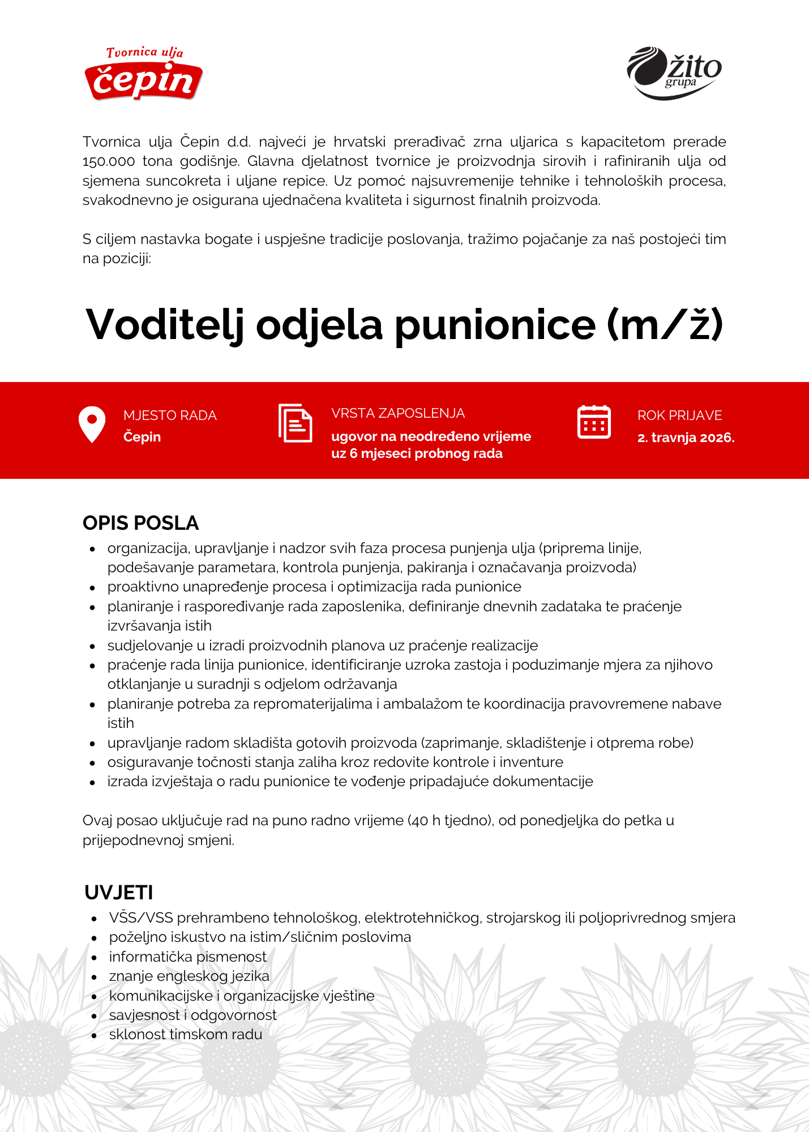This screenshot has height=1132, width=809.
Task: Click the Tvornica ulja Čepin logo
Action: point(144,74)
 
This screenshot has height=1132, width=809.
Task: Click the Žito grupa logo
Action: point(674,73)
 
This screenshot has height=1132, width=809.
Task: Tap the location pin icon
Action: point(92,424)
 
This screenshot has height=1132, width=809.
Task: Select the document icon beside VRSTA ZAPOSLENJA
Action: point(295,423)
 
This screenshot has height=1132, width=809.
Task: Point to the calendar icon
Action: point(594,422)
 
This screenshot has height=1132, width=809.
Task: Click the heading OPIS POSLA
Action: point(140,523)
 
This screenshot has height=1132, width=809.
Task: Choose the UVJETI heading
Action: point(119,893)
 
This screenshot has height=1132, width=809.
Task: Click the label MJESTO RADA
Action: point(170,415)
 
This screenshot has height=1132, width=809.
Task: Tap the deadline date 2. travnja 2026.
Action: point(686,438)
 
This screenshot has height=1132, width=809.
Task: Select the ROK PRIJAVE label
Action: point(679,415)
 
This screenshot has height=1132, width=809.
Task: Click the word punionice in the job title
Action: point(495,325)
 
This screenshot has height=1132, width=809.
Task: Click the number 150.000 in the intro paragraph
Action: point(109,161)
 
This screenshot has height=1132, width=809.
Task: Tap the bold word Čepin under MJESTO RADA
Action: point(142,437)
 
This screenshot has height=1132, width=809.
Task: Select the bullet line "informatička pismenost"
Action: point(187,957)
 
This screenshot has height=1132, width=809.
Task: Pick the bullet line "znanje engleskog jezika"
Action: point(189,976)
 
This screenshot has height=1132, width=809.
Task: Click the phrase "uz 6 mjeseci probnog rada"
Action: point(417,454)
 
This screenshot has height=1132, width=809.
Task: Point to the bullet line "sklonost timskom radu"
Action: point(186,1035)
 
